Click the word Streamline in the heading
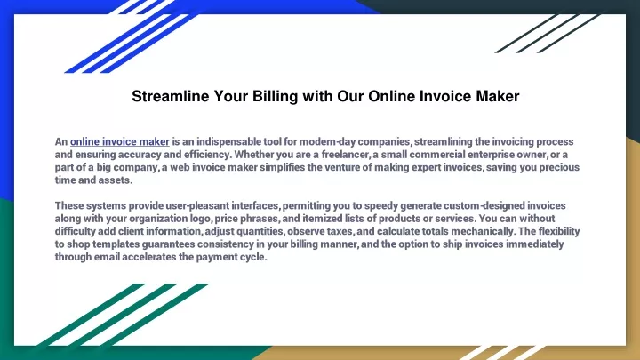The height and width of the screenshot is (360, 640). (x=170, y=96)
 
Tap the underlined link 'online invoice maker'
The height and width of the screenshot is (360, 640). (x=120, y=141)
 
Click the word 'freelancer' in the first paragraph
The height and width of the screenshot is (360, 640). (x=345, y=155)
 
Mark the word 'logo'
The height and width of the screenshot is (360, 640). (x=200, y=219)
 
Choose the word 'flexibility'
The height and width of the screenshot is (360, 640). (x=559, y=231)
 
